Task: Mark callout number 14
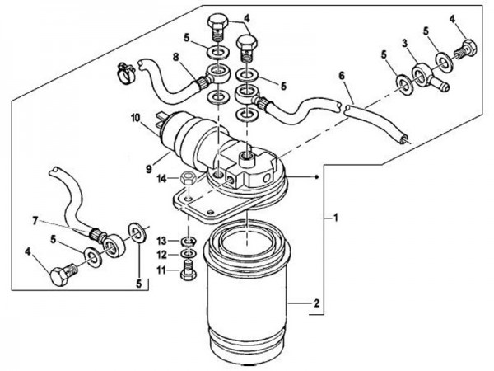pos(162,178)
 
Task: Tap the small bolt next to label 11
pos(188,270)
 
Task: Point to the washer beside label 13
pos(188,240)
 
